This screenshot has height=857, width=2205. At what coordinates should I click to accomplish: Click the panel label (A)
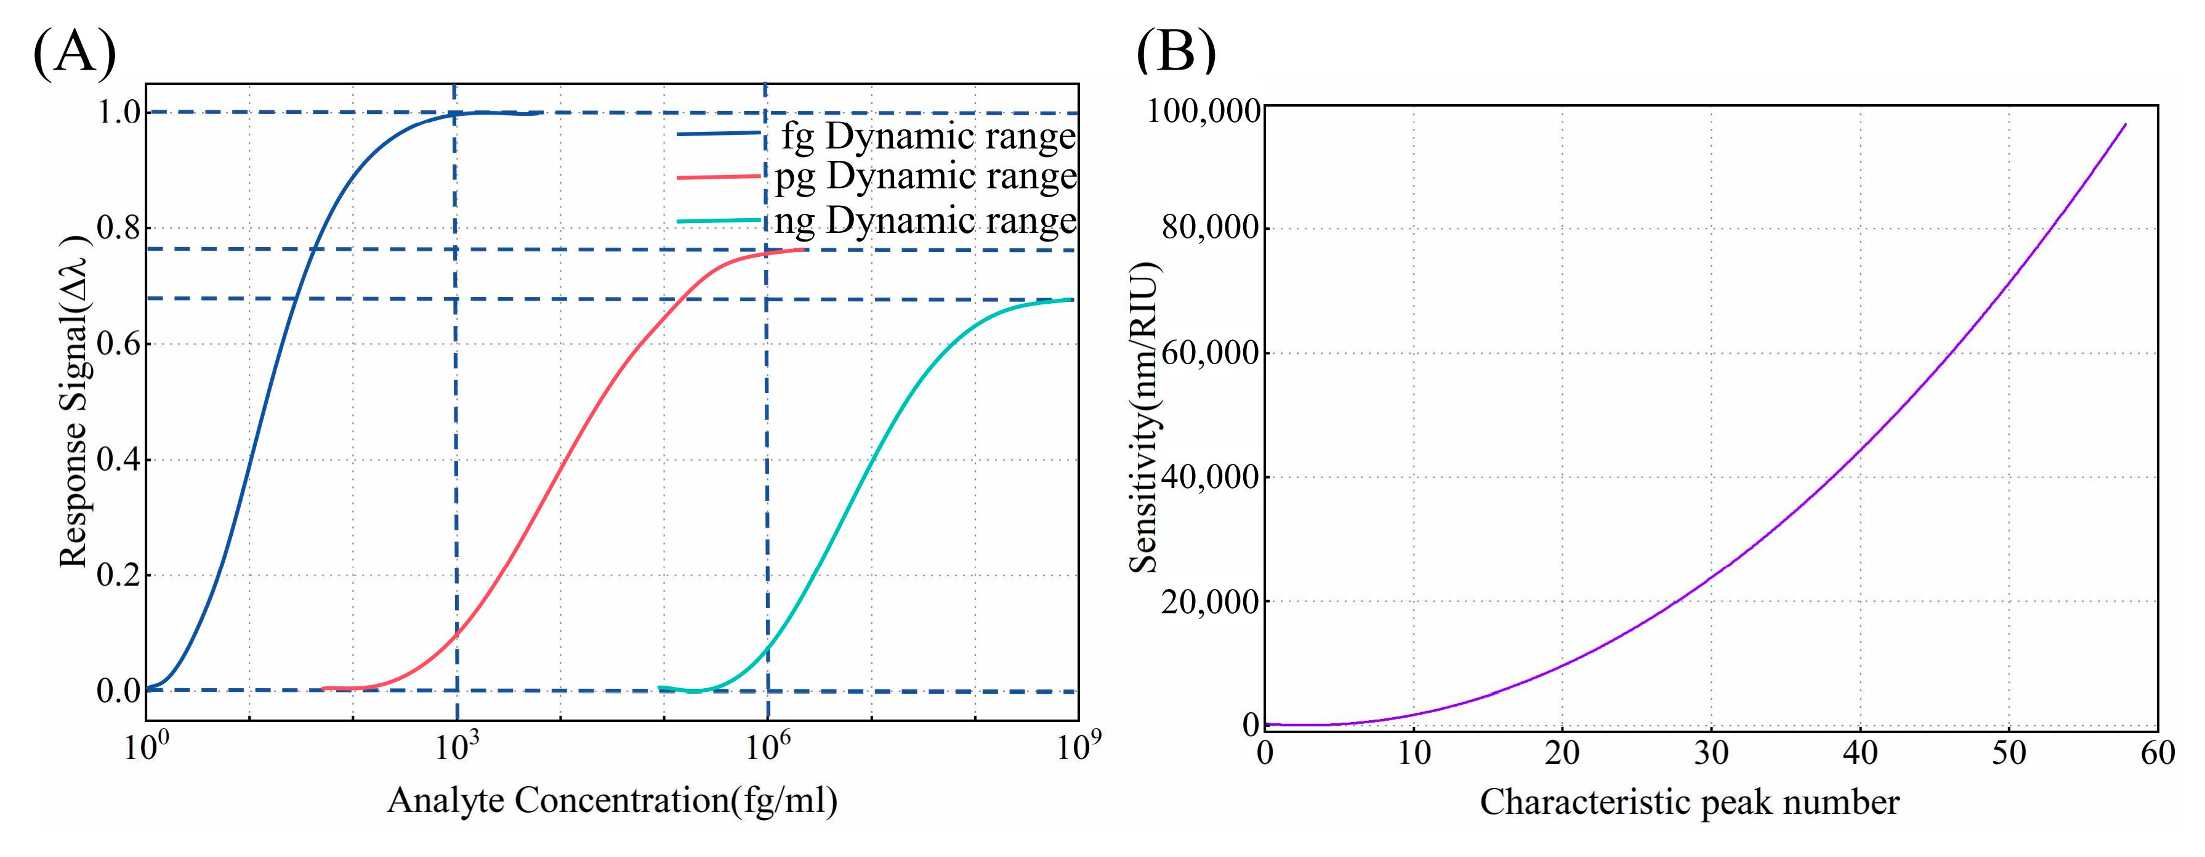tap(74, 53)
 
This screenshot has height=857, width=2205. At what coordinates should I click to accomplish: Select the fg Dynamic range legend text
tap(928, 137)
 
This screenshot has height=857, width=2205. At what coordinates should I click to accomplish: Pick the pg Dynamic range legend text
tap(925, 177)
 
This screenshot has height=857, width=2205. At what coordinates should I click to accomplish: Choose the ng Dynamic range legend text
tap(925, 222)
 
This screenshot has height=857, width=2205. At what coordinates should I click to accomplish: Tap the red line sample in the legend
tap(718, 177)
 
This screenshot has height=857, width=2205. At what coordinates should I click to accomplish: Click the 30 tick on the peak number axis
tap(1711, 753)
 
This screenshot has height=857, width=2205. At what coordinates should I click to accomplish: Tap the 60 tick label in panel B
tap(2157, 753)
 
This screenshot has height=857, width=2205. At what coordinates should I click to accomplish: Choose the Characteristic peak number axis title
tap(1689, 803)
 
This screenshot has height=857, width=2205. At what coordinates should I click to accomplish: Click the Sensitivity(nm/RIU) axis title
tap(1143, 418)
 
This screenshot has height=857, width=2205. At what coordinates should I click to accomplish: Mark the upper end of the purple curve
tap(2124, 125)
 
